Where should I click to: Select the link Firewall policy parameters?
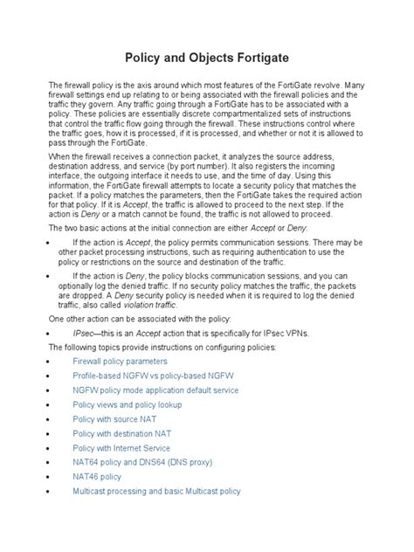(x=119, y=360)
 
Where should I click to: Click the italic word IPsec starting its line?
(x=84, y=333)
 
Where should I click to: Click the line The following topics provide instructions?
(x=161, y=347)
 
